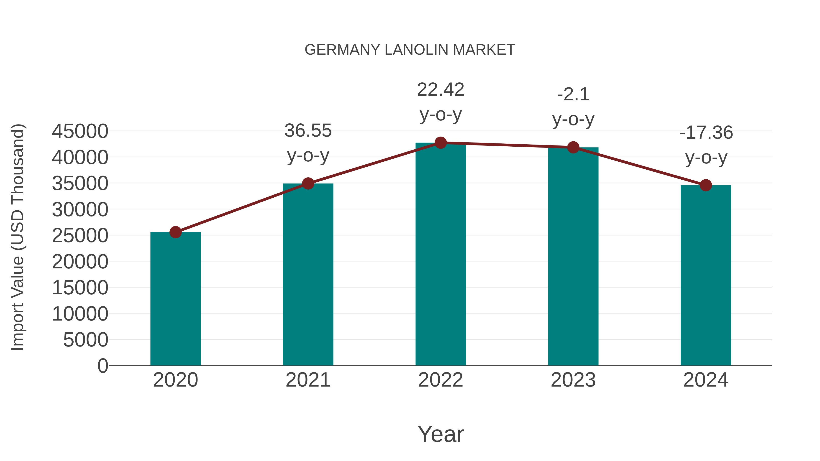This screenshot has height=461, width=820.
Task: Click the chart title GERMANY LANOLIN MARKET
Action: coord(410,50)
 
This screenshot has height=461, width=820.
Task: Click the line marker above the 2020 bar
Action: coord(175,232)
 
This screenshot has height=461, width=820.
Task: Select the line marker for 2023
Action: coord(573,147)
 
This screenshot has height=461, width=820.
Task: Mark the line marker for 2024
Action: coord(706,185)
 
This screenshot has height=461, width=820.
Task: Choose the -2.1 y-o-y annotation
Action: coord(573,107)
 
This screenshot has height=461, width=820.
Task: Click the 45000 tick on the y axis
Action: coord(80,131)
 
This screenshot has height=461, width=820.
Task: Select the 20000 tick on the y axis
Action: coord(80,262)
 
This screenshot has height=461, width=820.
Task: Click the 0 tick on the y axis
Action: coord(103,366)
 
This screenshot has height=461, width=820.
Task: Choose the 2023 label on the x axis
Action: coord(573,380)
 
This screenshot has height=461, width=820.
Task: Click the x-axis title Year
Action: coord(441,434)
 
